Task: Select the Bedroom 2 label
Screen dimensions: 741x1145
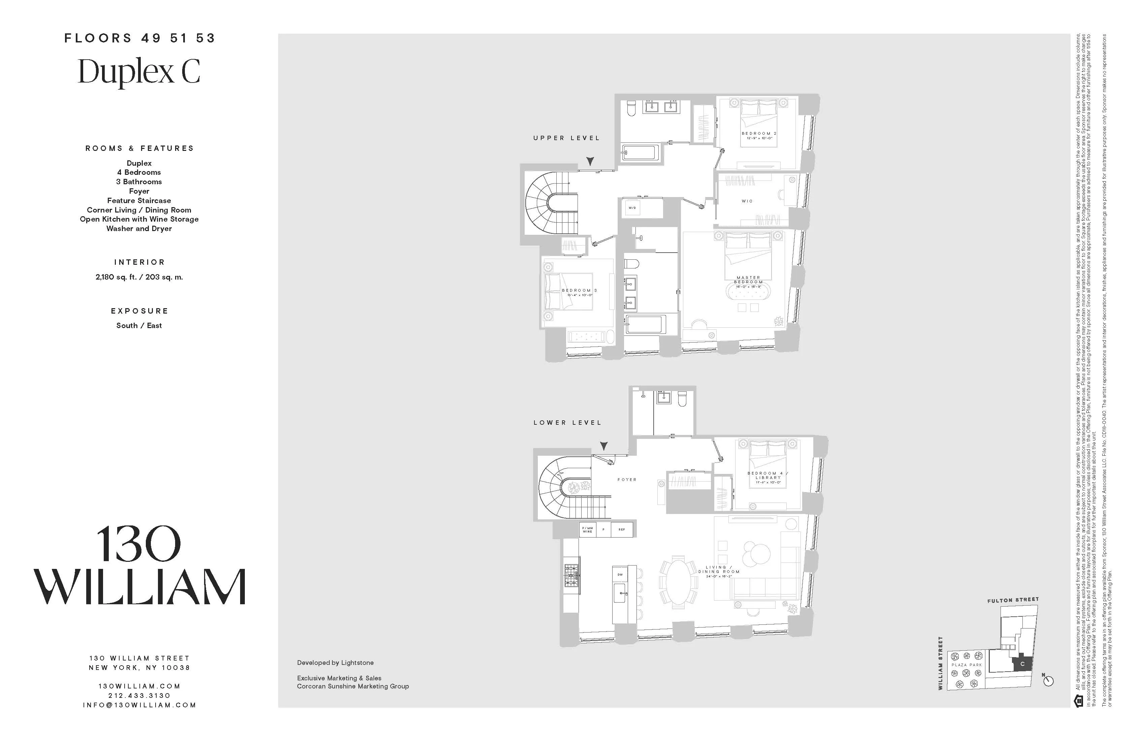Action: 759,134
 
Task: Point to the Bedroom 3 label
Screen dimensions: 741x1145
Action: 579,291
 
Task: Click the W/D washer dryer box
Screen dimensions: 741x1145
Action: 632,208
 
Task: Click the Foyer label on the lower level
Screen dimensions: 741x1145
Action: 627,480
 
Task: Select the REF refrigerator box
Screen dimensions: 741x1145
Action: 622,530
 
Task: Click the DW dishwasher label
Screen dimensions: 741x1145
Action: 620,575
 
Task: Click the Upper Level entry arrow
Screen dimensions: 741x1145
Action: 590,161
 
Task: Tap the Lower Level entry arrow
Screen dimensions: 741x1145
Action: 604,446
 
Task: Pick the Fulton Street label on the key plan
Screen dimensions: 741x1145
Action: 1013,600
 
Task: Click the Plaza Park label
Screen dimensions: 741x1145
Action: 967,665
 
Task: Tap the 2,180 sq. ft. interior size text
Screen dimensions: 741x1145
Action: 139,277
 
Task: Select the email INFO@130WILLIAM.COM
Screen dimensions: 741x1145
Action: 139,705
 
